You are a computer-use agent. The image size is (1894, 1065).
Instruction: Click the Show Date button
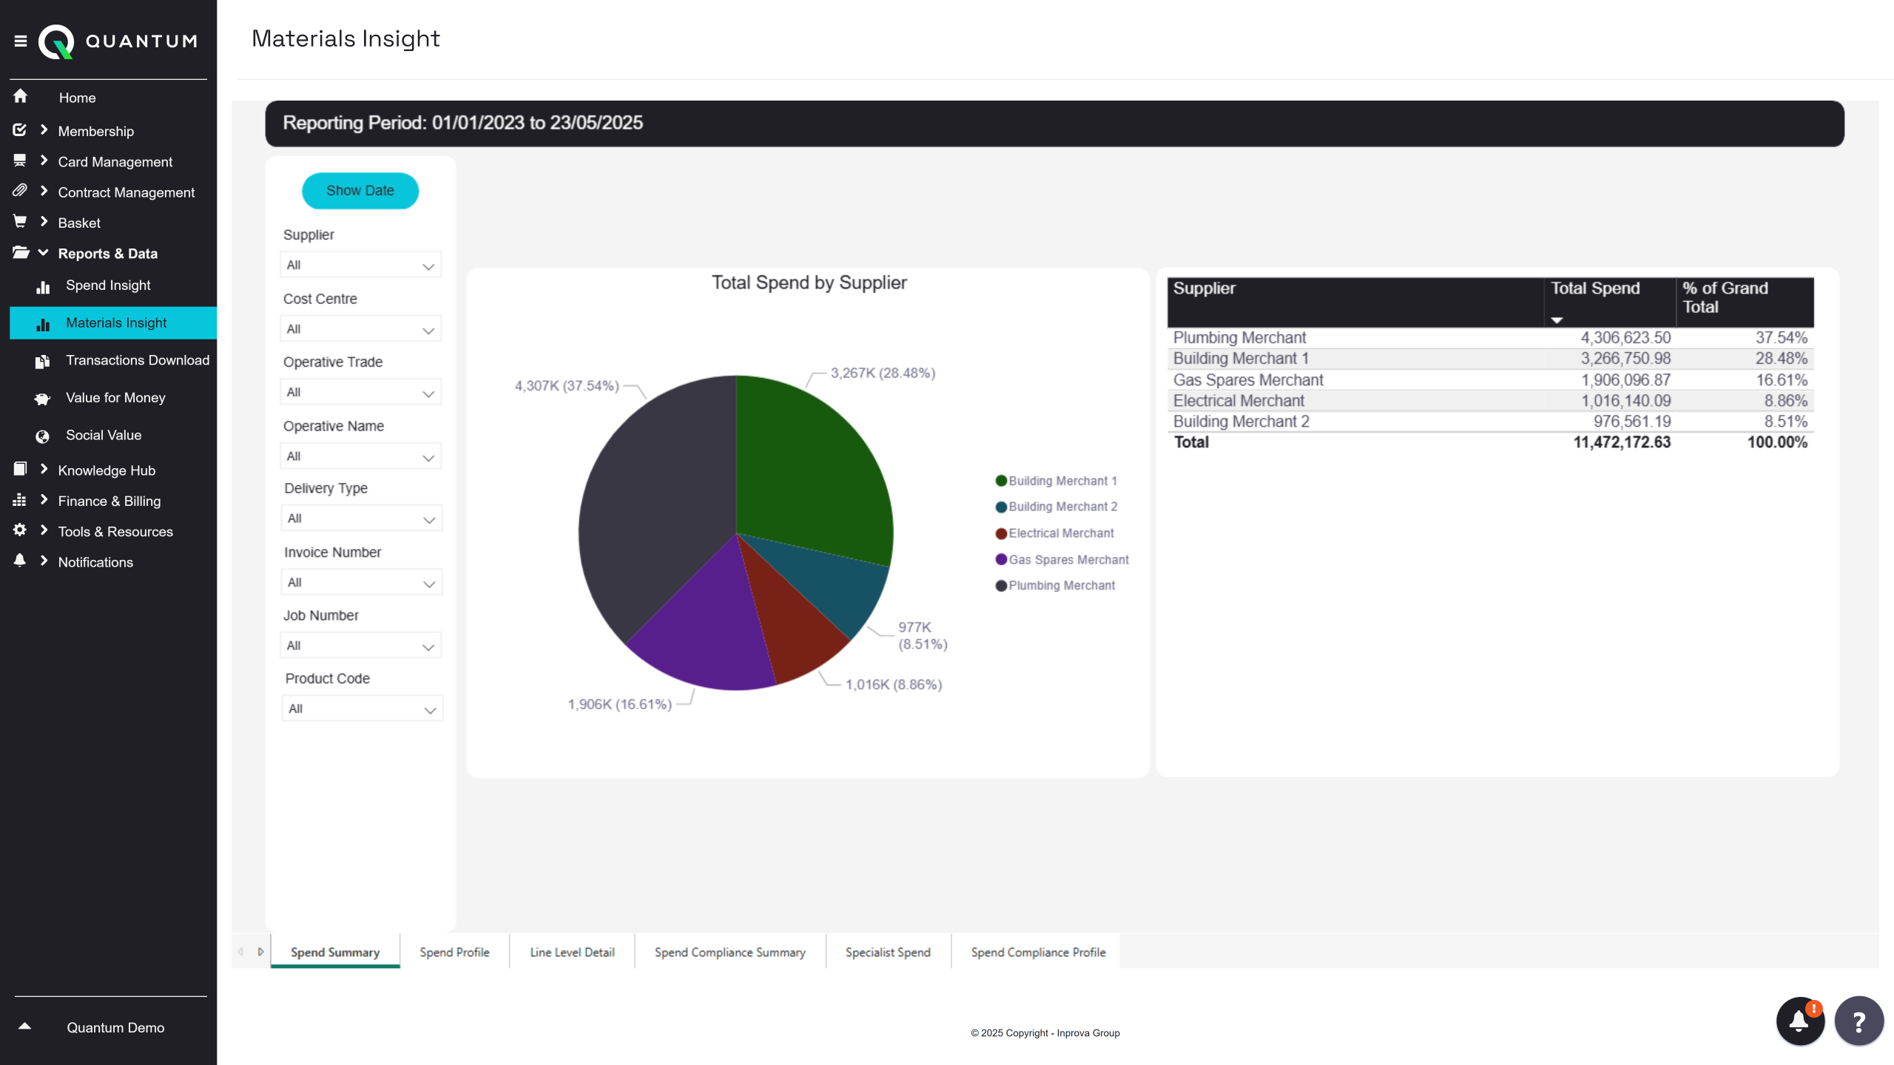[x=360, y=191]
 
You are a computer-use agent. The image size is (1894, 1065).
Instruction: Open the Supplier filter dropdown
[x=360, y=265]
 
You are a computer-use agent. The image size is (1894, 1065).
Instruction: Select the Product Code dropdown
[x=362, y=709]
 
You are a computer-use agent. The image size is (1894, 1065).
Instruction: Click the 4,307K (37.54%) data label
[x=567, y=386]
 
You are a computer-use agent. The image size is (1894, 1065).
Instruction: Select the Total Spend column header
[x=1595, y=288]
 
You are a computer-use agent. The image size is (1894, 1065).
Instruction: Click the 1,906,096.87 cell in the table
[x=1625, y=380]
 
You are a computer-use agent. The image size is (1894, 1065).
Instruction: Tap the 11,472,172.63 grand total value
[x=1622, y=442]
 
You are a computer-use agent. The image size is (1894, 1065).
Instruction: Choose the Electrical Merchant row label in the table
[x=1238, y=401]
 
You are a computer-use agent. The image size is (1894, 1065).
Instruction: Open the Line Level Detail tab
[x=572, y=953]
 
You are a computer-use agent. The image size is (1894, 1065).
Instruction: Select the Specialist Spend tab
[x=888, y=953]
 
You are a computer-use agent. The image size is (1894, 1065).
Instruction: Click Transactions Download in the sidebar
[x=138, y=360]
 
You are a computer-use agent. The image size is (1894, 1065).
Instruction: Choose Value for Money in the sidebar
[x=115, y=398]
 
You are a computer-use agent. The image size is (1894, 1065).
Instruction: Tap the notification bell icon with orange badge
[x=1799, y=1021]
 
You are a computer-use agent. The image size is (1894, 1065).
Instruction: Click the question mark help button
[x=1858, y=1021]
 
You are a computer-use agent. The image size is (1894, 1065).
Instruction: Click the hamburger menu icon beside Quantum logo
[x=21, y=41]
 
